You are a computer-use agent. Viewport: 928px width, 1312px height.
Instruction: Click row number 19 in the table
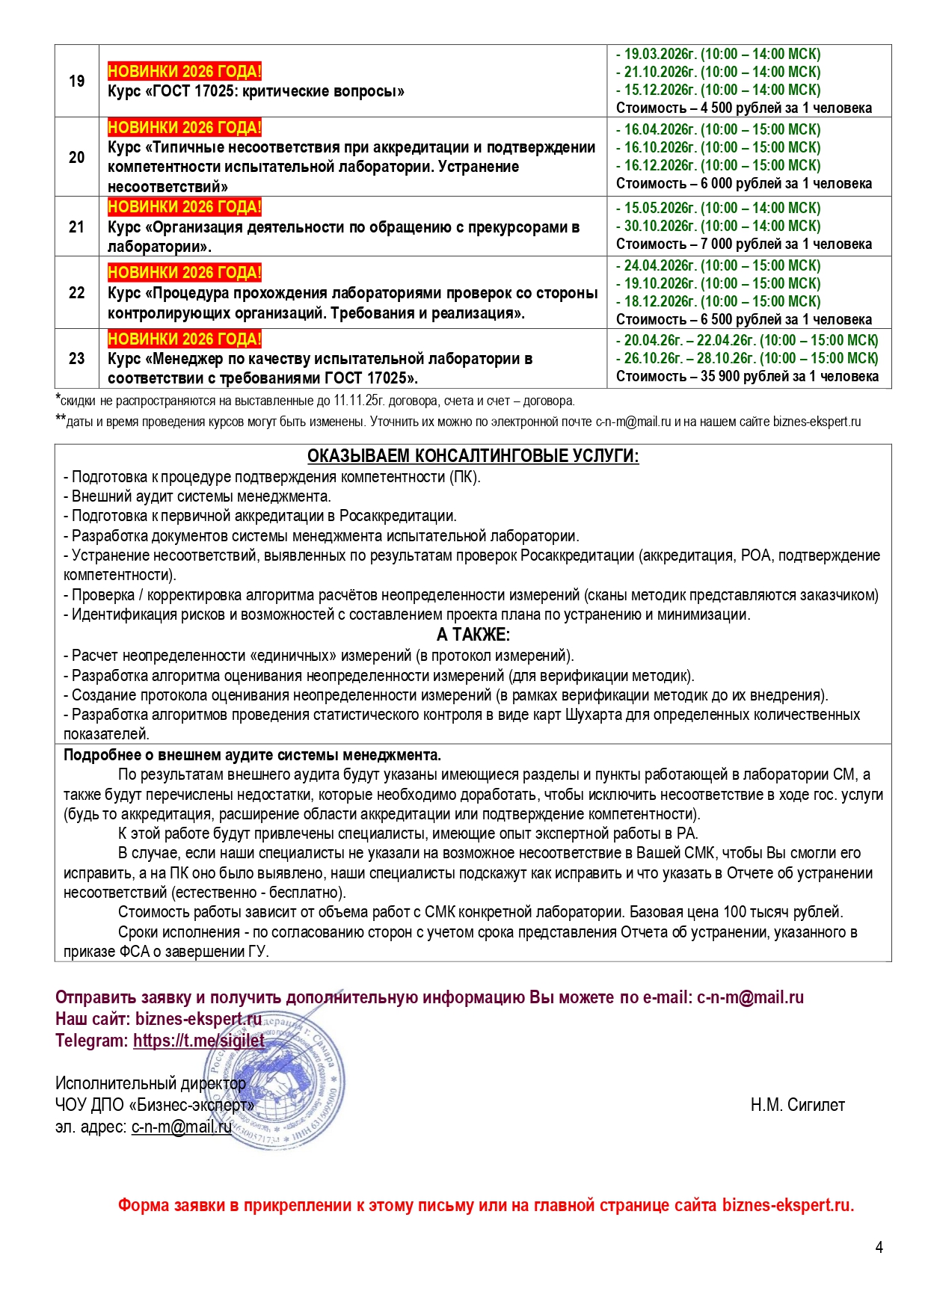(77, 81)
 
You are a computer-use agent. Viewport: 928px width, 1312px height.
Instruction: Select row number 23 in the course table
(77, 358)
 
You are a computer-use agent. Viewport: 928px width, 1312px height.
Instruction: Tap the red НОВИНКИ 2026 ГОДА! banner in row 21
(185, 207)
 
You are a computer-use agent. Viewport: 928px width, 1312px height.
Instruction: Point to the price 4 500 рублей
(744, 108)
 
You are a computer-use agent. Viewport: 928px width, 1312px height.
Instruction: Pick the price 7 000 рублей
(744, 244)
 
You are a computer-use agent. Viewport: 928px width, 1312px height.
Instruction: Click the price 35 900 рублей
(749, 376)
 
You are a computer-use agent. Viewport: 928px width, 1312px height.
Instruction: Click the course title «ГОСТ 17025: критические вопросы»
(256, 91)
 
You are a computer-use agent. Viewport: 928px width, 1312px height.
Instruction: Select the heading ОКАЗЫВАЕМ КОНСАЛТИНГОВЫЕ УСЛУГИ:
(473, 456)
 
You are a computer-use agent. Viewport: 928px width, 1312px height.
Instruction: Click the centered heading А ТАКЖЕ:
(473, 635)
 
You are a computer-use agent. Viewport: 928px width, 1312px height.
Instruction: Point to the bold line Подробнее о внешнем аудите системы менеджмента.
(252, 754)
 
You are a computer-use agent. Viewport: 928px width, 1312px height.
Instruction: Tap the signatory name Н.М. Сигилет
(797, 1105)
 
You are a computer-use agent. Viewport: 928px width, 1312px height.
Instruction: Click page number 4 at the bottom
(879, 1247)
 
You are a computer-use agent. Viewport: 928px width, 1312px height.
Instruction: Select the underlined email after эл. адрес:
(182, 1127)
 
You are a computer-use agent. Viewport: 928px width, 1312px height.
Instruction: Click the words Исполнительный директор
(150, 1082)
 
